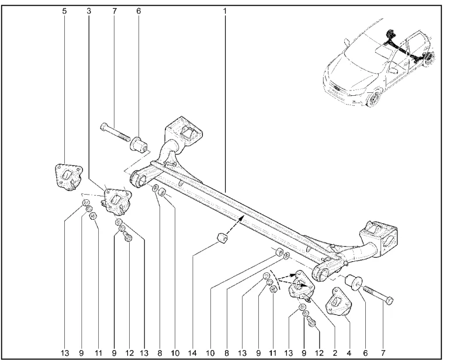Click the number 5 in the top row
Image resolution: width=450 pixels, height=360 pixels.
(64, 10)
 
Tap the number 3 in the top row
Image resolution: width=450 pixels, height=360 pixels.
(88, 10)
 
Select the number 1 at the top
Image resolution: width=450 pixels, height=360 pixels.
(224, 10)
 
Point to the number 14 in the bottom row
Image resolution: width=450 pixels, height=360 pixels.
(193, 353)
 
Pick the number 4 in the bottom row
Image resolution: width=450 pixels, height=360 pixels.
(349, 353)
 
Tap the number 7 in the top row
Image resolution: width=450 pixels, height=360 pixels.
(114, 10)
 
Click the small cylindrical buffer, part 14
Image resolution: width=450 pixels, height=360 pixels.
(221, 239)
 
